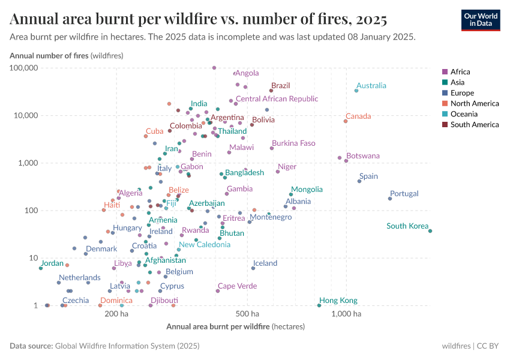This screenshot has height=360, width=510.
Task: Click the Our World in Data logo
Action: pos(480,20)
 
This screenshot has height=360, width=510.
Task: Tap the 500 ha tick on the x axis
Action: pos(247,313)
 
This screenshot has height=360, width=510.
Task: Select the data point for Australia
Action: pos(356,91)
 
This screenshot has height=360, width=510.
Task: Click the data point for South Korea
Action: pos(430,231)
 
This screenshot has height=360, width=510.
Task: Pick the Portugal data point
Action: pos(390,199)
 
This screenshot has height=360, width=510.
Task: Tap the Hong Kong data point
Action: pos(319,305)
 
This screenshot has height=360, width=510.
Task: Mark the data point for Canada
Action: pos(346,121)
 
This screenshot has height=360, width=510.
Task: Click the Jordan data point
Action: pos(41,268)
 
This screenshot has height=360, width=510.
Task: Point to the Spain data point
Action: pos(359,181)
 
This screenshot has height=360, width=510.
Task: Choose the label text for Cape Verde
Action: pos(237,286)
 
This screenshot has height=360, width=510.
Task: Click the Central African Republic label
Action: pos(277,99)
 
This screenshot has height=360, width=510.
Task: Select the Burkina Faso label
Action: pos(293,143)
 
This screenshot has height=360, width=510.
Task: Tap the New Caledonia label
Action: pos(205,244)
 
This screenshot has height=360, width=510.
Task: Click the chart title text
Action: pos(198,19)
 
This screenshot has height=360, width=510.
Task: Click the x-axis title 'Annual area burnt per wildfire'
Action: pos(218,326)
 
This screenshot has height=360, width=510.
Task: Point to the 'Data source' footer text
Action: pos(104,346)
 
